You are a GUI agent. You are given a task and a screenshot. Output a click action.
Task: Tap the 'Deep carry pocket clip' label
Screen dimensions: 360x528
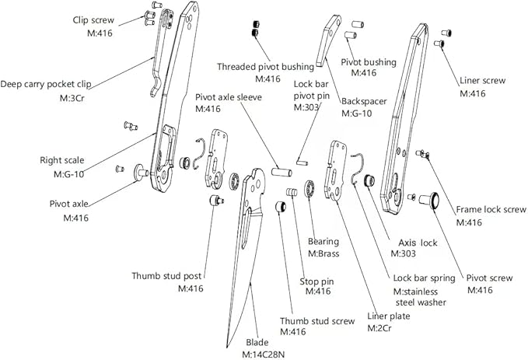(54, 84)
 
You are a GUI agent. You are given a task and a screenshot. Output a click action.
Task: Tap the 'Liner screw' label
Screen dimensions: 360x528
(483, 80)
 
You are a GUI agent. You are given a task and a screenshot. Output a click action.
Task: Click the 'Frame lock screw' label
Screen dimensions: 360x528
(491, 209)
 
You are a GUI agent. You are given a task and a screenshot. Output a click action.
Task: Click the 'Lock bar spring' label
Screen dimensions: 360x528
(424, 278)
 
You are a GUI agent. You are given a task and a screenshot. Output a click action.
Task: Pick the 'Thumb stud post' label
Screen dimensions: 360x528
(166, 275)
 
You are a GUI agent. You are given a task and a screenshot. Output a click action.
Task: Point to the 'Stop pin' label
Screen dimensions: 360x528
(316, 281)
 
